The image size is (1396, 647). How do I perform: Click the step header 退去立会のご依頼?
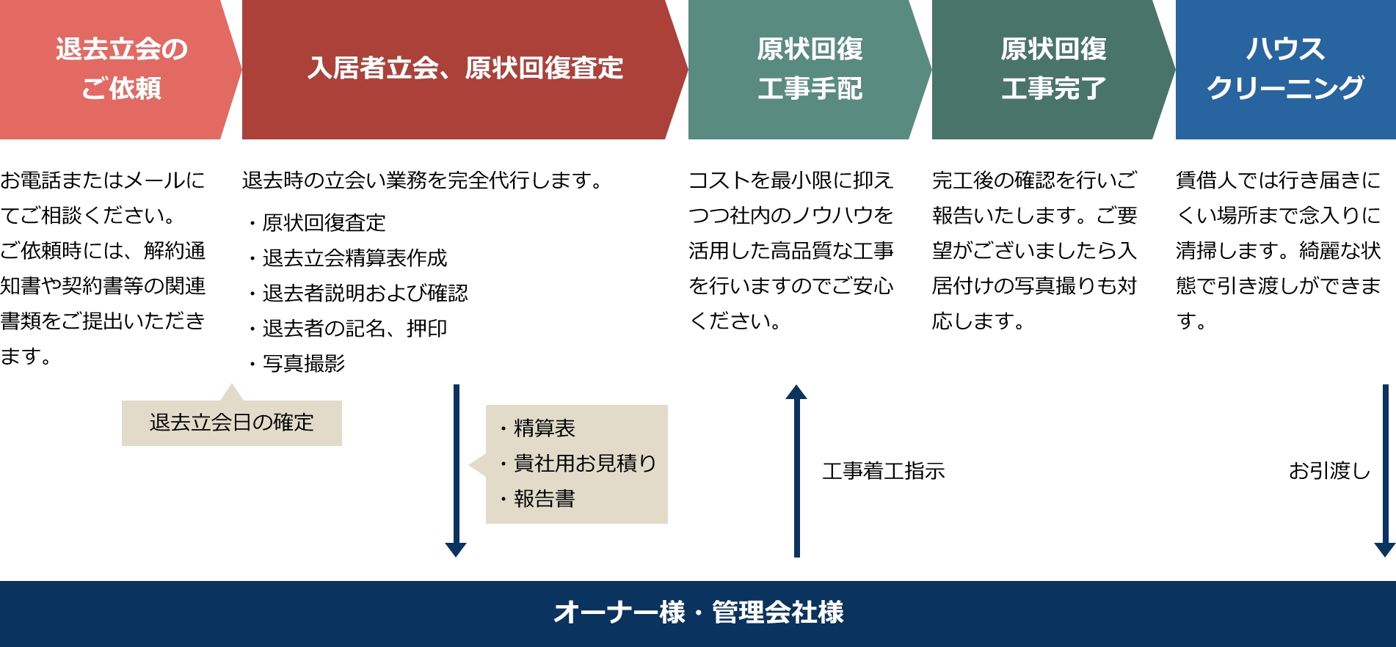pyautogui.click(x=121, y=69)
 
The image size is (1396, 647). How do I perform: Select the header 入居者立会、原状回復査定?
pyautogui.click(x=465, y=69)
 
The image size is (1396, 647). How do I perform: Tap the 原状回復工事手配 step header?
pyautogui.click(x=810, y=69)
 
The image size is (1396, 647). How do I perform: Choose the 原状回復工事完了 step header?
pyautogui.click(x=1053, y=69)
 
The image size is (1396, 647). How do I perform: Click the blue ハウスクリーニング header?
pyautogui.click(x=1286, y=69)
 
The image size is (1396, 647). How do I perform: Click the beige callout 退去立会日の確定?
pyautogui.click(x=232, y=423)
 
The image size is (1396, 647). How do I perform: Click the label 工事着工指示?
pyautogui.click(x=884, y=470)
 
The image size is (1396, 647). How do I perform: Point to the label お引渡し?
pyautogui.click(x=1329, y=470)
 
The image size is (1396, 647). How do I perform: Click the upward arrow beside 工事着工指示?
pyautogui.click(x=796, y=471)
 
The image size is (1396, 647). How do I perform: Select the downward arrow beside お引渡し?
pyautogui.click(x=1385, y=471)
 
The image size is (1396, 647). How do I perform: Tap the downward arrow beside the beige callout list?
pyautogui.click(x=456, y=471)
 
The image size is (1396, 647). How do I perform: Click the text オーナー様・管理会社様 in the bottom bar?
pyautogui.click(x=698, y=613)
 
